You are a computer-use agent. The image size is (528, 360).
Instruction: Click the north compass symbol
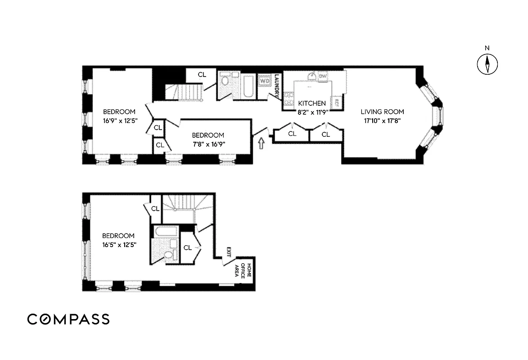(487, 63)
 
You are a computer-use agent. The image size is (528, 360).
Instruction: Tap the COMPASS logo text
(68, 319)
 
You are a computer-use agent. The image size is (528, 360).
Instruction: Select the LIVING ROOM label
(382, 112)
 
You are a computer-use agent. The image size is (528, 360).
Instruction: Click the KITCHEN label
(308, 103)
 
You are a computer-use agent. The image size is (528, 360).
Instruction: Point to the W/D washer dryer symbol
(265, 81)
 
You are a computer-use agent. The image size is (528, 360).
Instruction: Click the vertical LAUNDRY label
(277, 86)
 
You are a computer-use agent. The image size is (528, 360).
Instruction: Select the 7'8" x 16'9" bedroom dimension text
(208, 144)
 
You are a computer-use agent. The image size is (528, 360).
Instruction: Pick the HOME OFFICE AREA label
(243, 269)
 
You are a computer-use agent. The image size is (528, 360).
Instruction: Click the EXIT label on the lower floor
(229, 252)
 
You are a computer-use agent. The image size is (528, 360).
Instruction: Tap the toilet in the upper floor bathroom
(225, 81)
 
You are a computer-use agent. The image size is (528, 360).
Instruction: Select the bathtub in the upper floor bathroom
(247, 85)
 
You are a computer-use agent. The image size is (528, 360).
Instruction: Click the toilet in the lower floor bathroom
(168, 255)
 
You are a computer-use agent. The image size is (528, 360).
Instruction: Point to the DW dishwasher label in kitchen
(323, 76)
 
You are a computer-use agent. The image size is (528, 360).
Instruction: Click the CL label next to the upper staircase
(202, 74)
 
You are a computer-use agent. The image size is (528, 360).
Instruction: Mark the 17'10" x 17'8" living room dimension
(382, 121)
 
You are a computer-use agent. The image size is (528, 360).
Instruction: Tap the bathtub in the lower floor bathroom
(165, 232)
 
